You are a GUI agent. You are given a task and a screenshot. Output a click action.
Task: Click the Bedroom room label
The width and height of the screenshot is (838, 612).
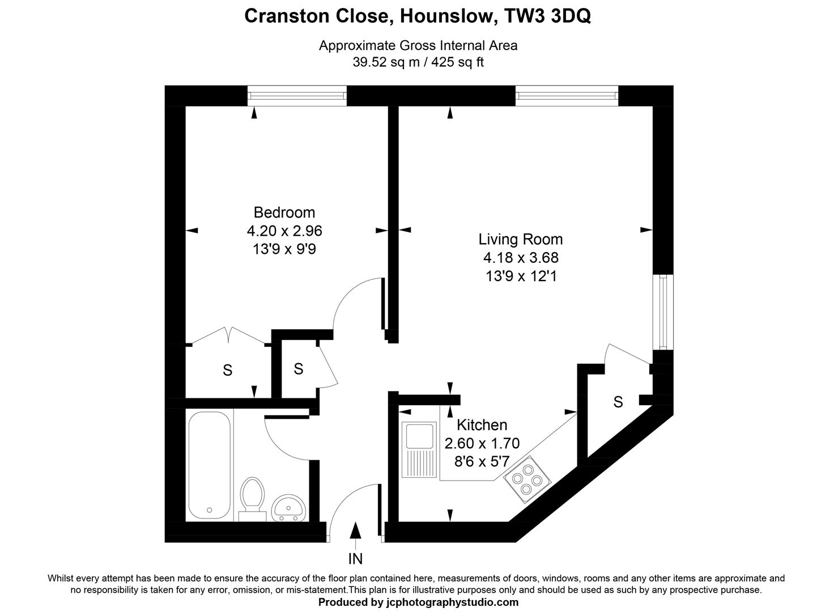coord(284,212)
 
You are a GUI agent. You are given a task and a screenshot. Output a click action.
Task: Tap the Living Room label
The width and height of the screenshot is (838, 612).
coord(520,239)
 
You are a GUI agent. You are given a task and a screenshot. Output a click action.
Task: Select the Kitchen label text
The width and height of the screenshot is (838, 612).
coord(482,424)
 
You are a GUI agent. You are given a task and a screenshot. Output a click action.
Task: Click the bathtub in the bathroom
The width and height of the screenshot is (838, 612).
coord(209,465)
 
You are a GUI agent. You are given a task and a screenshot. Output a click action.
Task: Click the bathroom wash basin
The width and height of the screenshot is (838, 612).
coord(289,508)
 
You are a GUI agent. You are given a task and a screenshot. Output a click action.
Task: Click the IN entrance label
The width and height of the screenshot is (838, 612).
coord(355,559)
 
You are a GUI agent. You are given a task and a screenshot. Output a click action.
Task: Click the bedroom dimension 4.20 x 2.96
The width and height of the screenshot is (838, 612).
coord(284,231)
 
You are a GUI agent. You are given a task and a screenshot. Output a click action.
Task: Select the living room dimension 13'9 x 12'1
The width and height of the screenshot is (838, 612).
coord(520,277)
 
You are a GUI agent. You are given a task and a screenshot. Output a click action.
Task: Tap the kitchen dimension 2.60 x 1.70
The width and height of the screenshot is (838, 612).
coord(482,443)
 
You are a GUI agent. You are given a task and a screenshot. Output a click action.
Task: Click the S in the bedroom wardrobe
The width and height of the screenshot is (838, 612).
coord(227,371)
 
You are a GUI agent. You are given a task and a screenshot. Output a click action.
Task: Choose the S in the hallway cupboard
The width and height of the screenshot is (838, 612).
coord(299,369)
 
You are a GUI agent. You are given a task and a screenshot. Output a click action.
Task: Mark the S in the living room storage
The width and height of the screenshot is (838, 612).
coord(618,402)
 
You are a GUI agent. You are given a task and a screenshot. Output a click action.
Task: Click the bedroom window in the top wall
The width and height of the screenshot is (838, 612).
coord(297,96)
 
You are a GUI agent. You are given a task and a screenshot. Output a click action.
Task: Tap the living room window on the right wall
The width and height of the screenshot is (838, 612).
coord(662,312)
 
